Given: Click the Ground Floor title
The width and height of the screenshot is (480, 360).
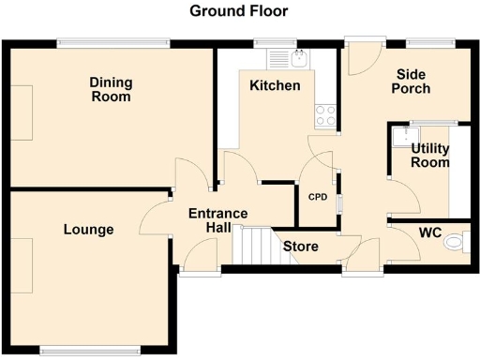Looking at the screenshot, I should (x=239, y=11).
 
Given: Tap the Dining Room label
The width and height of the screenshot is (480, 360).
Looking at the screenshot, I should (x=111, y=90).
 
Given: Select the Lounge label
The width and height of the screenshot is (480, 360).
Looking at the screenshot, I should (x=89, y=230).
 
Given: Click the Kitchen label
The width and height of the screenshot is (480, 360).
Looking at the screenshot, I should (x=275, y=86).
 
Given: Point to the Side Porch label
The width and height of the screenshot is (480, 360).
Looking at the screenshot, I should (x=412, y=82).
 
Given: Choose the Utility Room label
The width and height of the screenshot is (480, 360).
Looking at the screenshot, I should (x=430, y=156).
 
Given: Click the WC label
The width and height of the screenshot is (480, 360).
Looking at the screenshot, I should (x=430, y=232).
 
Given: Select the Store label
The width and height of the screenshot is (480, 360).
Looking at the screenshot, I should (x=302, y=247).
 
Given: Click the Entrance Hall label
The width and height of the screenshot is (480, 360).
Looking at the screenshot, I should (x=217, y=220).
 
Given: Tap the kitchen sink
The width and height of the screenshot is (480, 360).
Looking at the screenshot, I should (x=290, y=58).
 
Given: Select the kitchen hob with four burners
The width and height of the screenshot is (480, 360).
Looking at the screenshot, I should (x=325, y=115).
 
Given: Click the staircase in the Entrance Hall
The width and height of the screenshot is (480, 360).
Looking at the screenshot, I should (x=250, y=247).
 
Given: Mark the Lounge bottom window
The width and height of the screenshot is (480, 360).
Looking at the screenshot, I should (x=90, y=352).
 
